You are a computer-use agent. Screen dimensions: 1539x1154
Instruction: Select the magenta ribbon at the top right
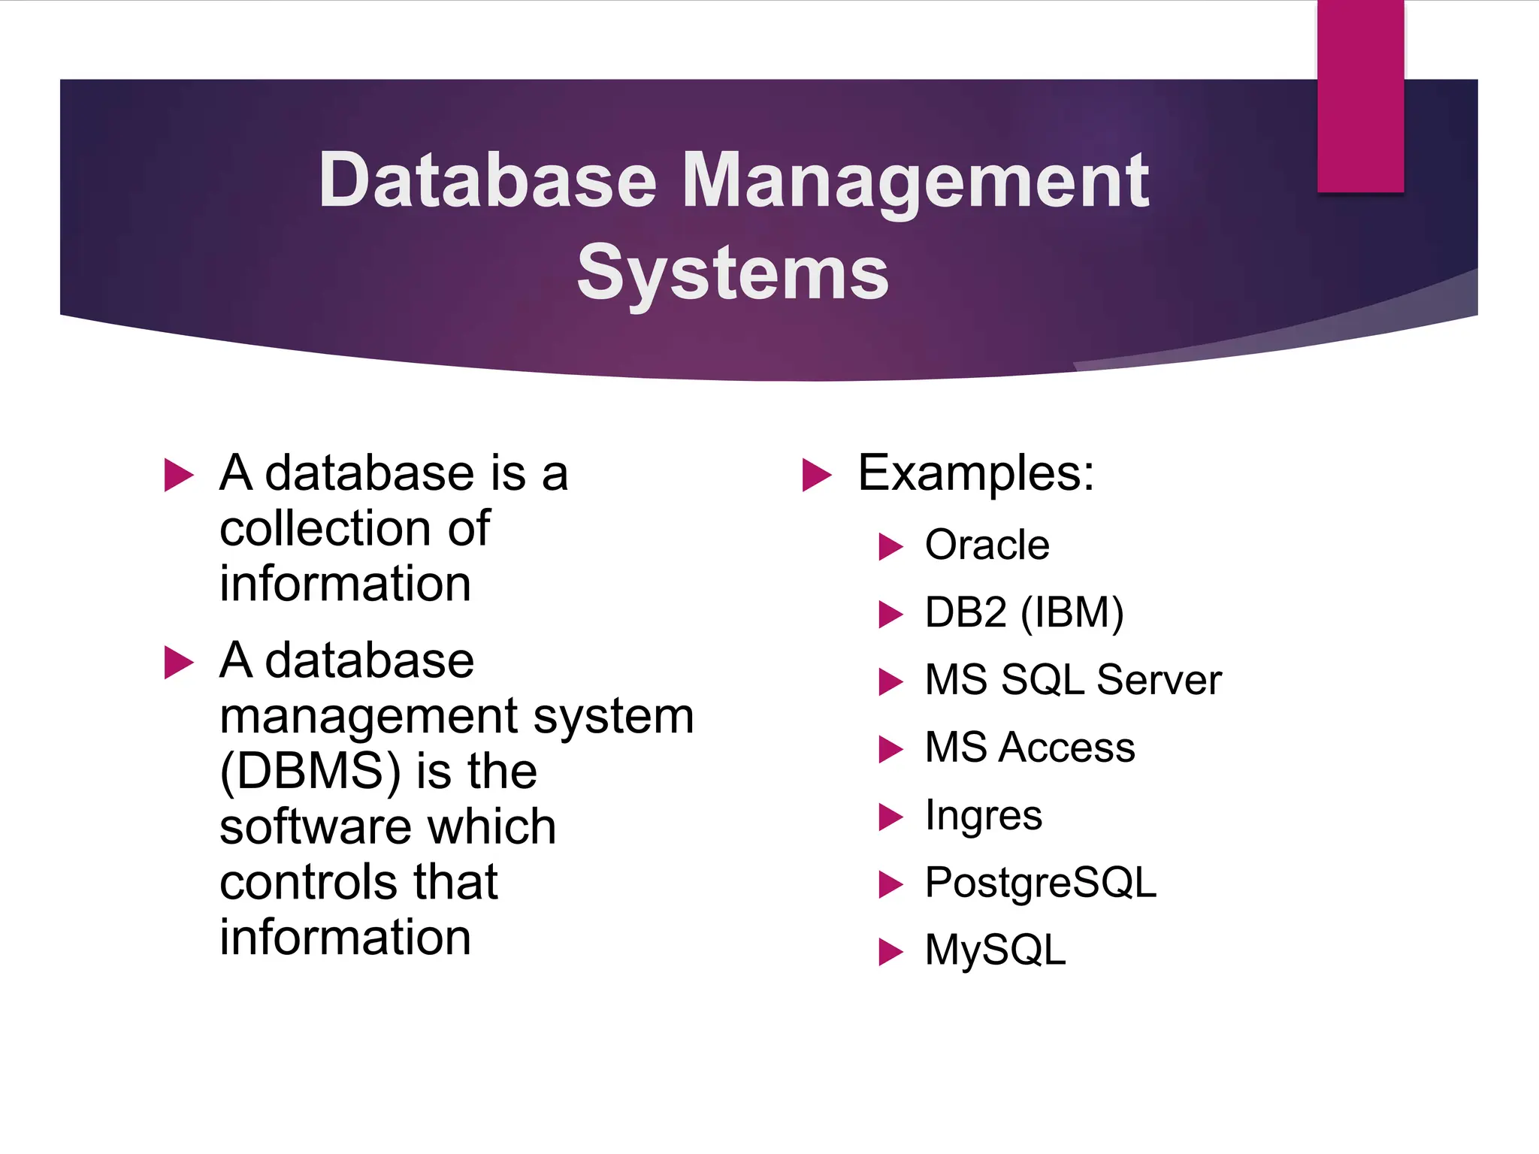pyautogui.click(x=1360, y=96)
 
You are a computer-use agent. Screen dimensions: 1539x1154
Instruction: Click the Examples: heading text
pyautogui.click(x=975, y=473)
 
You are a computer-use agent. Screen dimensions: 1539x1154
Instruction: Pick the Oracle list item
pyautogui.click(x=987, y=545)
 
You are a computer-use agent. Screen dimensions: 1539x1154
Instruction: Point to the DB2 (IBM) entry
pyautogui.click(x=1023, y=612)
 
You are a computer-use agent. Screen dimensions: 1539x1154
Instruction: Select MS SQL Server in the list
pyautogui.click(x=1072, y=680)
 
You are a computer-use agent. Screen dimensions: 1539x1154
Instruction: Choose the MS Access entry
pyautogui.click(x=1030, y=748)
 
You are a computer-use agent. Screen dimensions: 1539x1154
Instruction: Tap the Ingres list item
pyautogui.click(x=983, y=816)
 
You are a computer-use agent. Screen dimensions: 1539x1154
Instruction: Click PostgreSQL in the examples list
pyautogui.click(x=1040, y=883)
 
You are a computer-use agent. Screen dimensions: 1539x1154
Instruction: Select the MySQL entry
pyautogui.click(x=995, y=950)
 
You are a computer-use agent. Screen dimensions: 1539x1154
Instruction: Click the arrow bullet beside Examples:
pyautogui.click(x=816, y=475)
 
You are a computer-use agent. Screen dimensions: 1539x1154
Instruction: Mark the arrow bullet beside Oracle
pyautogui.click(x=890, y=547)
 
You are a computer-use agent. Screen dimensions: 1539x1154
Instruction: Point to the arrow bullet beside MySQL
pyautogui.click(x=890, y=952)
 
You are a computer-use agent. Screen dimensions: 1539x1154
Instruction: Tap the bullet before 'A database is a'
pyautogui.click(x=178, y=475)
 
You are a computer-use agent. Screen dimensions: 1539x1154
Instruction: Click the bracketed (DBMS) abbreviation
pyautogui.click(x=310, y=772)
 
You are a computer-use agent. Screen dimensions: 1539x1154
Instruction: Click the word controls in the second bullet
pyautogui.click(x=305, y=882)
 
